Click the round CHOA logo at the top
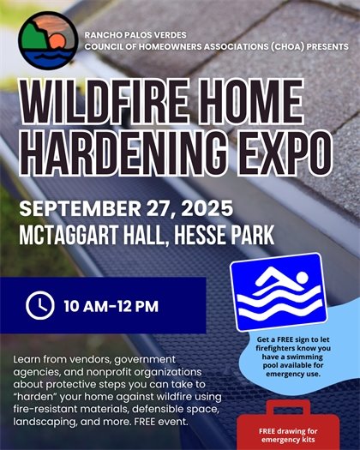[x=42, y=38]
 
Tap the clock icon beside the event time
[x=39, y=304]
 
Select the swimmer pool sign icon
[x=276, y=293]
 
